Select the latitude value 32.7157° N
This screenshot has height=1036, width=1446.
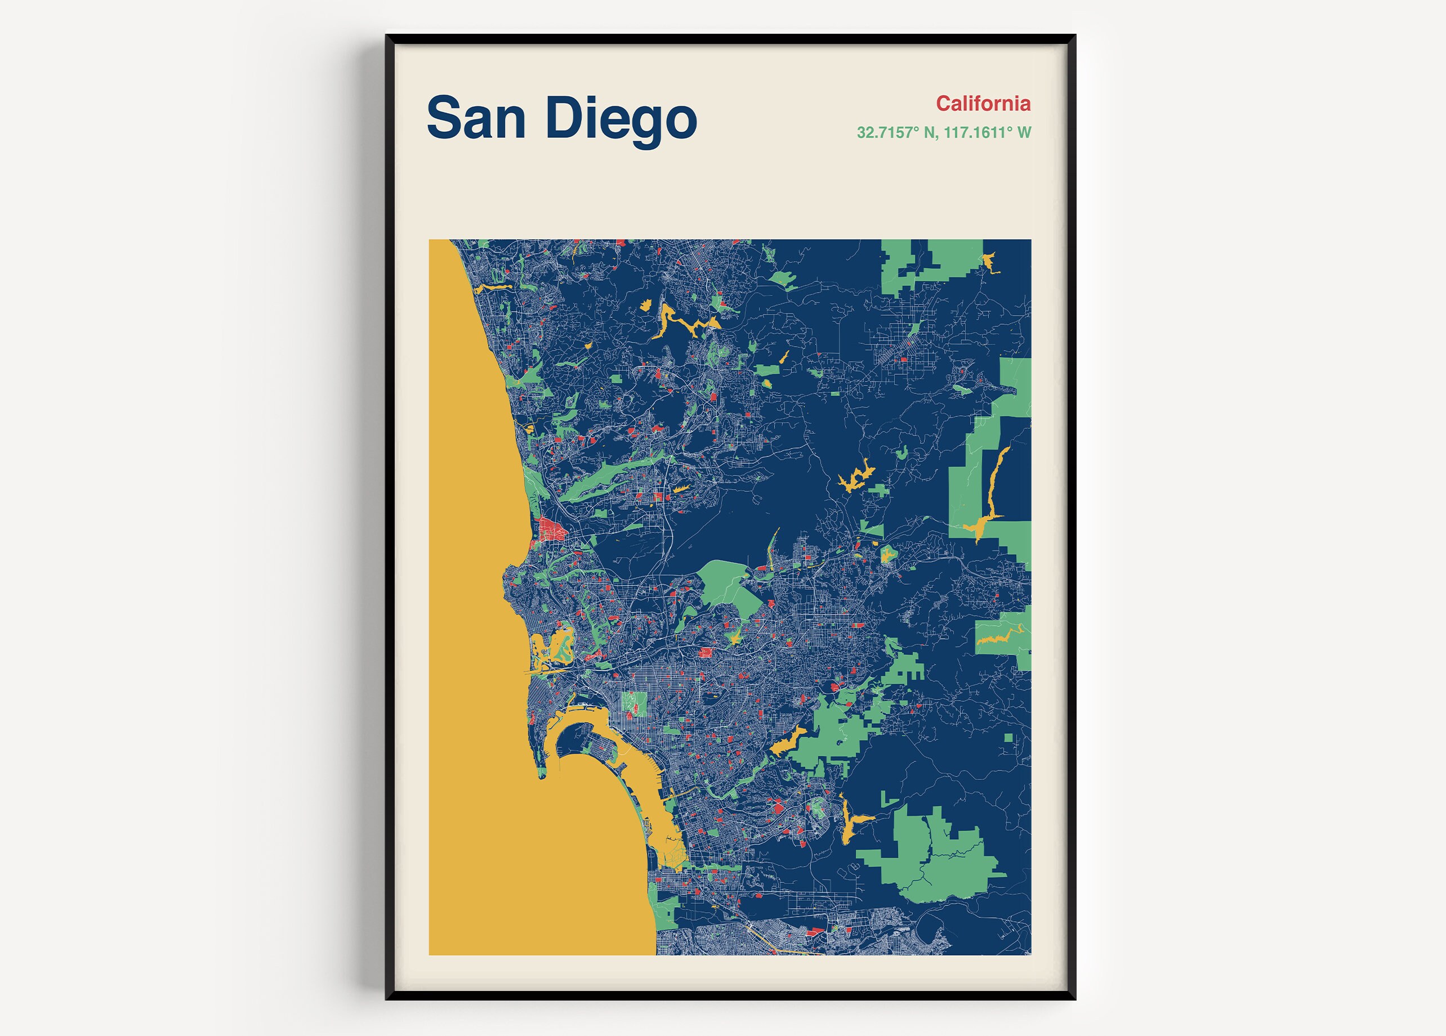(x=896, y=133)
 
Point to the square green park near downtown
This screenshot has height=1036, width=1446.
(x=633, y=703)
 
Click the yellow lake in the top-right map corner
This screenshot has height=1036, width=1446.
(x=989, y=261)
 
